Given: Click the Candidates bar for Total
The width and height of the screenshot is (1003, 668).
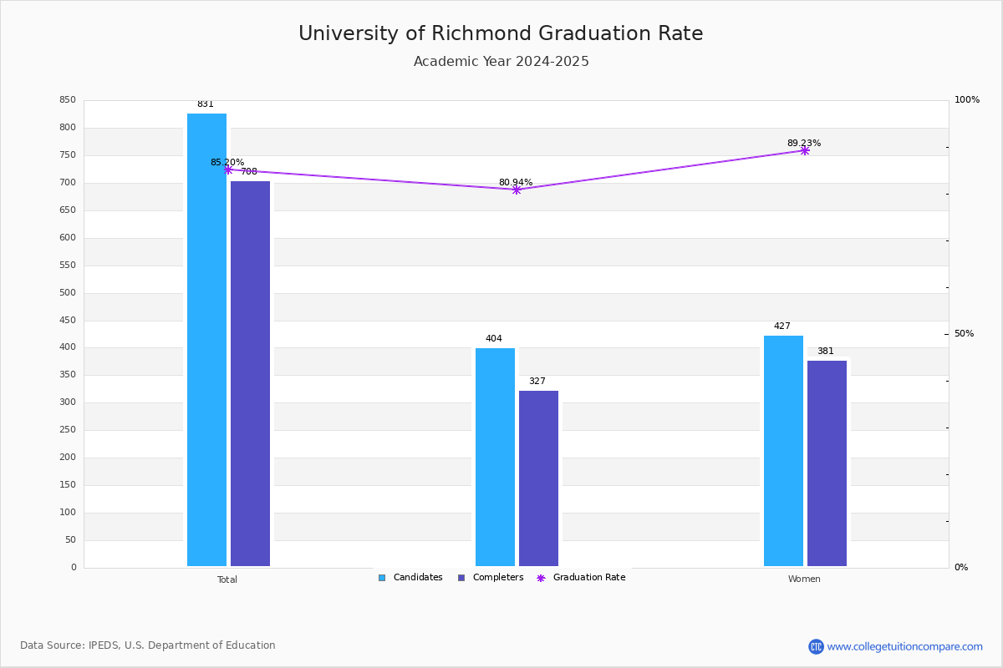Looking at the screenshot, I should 206,340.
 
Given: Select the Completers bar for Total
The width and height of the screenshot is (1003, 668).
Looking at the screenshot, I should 250,373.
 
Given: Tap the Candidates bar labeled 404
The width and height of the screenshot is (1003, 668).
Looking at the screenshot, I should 495,457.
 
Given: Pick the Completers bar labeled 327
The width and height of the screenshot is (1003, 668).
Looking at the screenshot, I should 538,478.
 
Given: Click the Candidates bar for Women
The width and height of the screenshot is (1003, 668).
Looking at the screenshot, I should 783,451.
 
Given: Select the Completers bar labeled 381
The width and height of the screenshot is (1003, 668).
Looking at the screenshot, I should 827,463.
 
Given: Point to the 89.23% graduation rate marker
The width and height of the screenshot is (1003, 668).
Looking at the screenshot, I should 804,150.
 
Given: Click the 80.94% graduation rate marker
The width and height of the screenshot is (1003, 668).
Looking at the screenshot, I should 516,190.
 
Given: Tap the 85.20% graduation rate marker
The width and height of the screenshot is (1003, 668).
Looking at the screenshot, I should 227,170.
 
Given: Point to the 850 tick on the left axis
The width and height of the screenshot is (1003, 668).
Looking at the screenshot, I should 68,100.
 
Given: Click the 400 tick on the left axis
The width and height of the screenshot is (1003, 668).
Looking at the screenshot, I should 68,347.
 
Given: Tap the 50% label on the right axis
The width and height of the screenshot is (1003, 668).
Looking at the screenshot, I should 964,334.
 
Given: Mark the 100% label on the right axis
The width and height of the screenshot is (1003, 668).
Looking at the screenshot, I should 966,100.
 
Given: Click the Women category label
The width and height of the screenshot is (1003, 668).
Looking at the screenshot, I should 804,579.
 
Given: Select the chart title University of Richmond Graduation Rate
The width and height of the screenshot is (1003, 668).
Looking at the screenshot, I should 501,33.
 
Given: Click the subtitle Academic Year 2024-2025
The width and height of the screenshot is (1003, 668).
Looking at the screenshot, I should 501,62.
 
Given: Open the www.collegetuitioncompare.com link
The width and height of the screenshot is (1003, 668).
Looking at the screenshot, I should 904,646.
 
